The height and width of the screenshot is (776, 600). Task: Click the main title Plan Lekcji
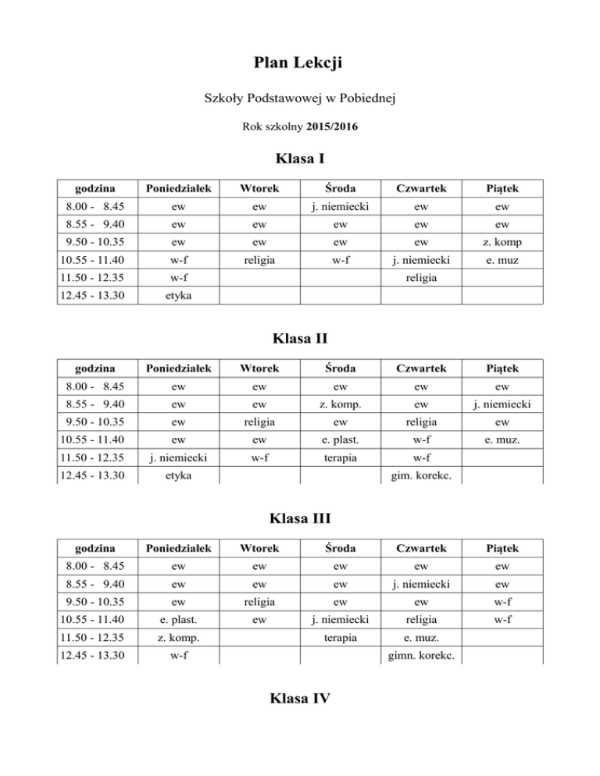(x=300, y=62)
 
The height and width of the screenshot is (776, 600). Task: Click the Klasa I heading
(x=300, y=159)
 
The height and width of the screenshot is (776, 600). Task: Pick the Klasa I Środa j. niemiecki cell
(x=330, y=206)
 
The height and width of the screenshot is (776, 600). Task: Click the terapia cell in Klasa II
(x=330, y=457)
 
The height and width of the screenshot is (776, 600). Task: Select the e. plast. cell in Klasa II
(x=330, y=439)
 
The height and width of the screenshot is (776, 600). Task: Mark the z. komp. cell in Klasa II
(x=330, y=403)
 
